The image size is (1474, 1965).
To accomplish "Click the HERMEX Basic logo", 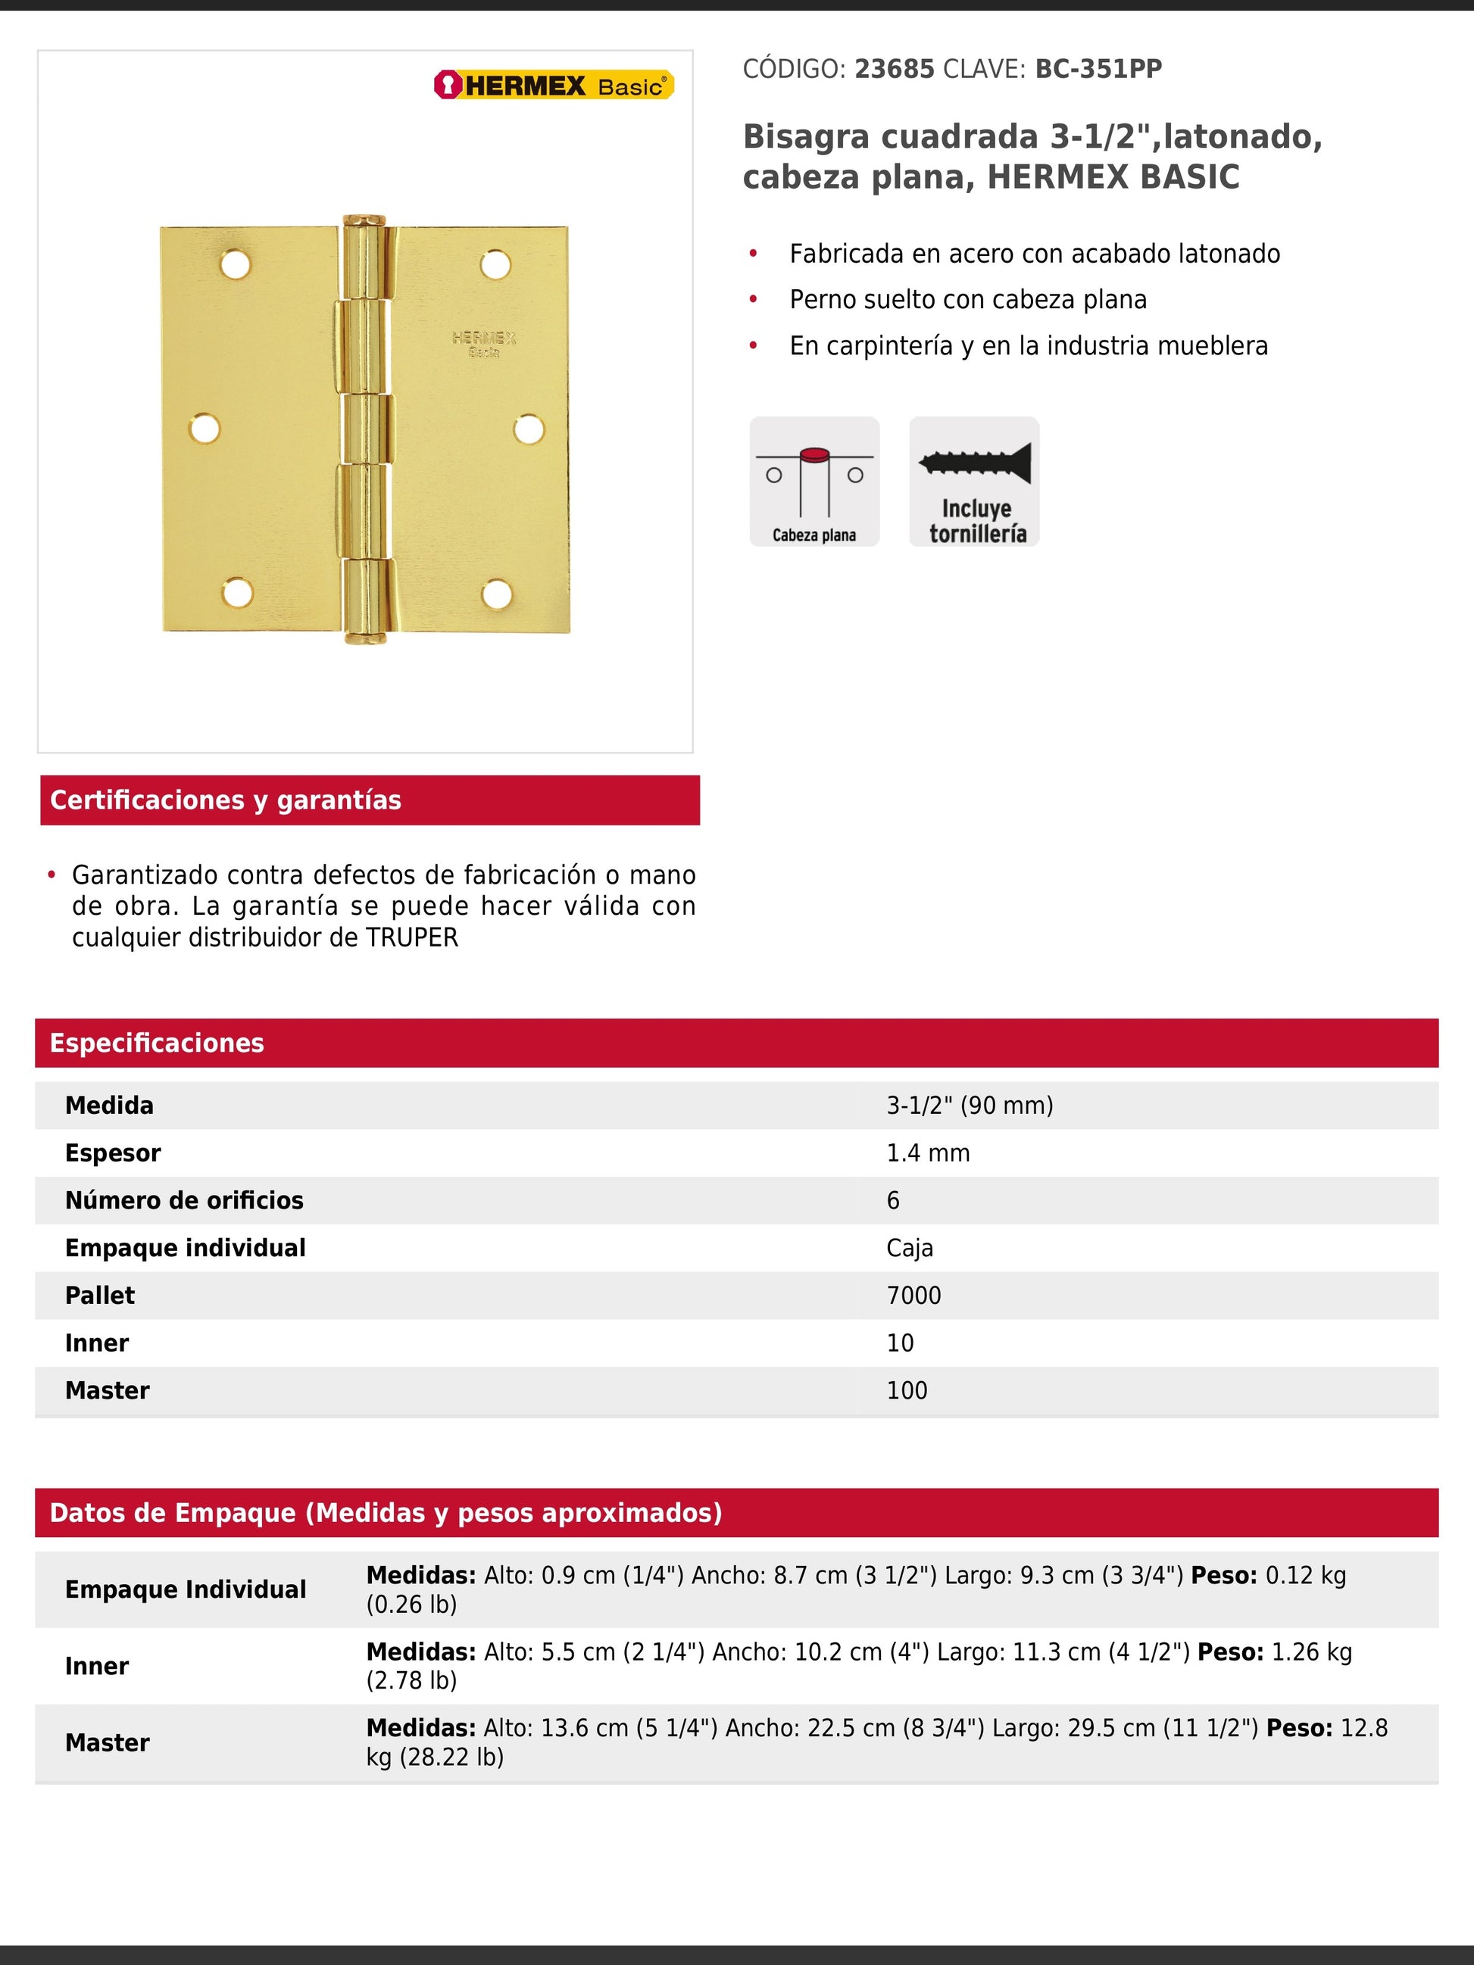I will [554, 86].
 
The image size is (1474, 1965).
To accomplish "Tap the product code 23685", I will [894, 70].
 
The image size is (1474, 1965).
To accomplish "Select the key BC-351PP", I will [1098, 70].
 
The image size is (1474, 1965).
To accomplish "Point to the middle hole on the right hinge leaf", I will [529, 429].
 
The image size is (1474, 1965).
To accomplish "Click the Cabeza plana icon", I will [814, 482].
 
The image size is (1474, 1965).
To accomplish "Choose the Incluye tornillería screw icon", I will [974, 482].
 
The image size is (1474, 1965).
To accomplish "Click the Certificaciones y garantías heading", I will [226, 800].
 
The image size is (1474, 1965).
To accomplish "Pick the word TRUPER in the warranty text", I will [412, 938].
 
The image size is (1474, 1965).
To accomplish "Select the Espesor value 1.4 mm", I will [928, 1153].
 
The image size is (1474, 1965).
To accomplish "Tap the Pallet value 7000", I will [913, 1295].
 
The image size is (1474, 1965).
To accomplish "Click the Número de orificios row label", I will [184, 1200].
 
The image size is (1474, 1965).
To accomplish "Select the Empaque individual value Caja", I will [910, 1248].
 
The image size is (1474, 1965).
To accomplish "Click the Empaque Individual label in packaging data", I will [186, 1589].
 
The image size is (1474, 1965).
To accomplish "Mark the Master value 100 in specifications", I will [906, 1390].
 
